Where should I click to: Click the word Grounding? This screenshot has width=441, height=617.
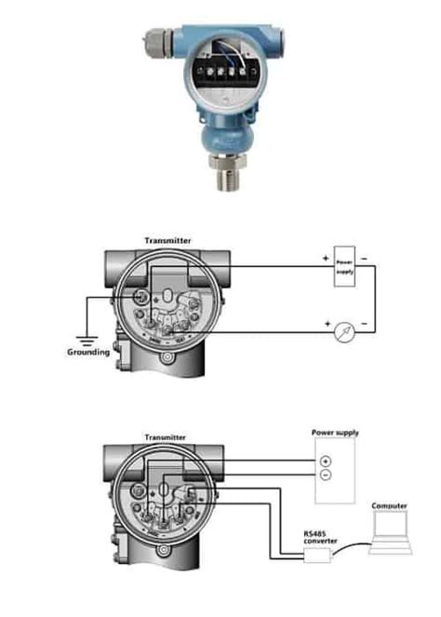tap(88, 353)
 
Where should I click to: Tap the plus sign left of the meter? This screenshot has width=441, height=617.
tap(328, 322)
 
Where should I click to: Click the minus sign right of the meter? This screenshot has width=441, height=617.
tap(363, 322)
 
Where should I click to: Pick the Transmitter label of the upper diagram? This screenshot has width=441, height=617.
tap(167, 240)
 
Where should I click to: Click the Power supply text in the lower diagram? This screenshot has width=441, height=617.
tap(335, 433)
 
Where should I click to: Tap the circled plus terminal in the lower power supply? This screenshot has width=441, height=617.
tap(325, 462)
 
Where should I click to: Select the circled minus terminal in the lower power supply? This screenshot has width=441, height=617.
tap(325, 476)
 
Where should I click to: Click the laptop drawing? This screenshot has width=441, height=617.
tap(389, 533)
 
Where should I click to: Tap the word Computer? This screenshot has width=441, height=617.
tap(389, 506)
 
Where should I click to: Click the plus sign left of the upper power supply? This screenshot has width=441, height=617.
tap(326, 257)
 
